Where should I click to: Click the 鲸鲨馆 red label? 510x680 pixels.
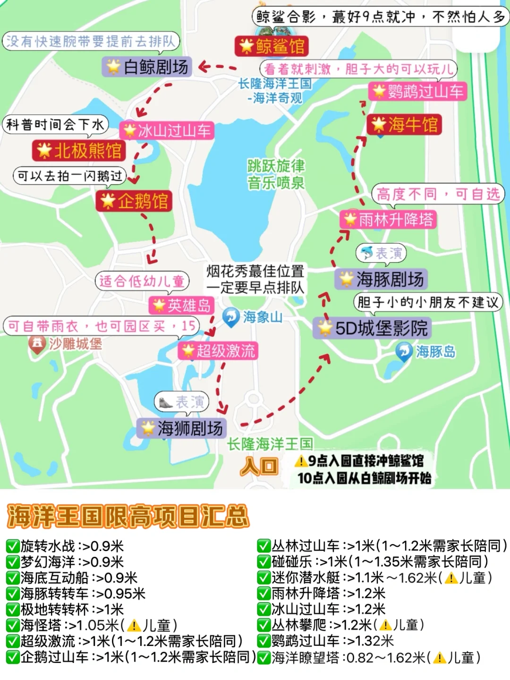tap(272, 46)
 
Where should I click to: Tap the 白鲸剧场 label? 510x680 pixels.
tap(147, 67)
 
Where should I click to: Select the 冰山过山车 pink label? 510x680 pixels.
tap(167, 130)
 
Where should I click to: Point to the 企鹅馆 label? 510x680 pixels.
tap(134, 201)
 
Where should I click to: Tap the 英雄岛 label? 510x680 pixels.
tap(181, 306)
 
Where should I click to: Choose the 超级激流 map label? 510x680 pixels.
tap(218, 351)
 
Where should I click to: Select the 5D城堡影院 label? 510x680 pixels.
tap(373, 328)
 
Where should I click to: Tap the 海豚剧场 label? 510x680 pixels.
tap(382, 279)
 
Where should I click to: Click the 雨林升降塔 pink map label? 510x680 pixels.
tap(388, 220)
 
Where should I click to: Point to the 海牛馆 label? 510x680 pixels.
tap(404, 125)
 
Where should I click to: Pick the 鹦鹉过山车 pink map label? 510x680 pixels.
tap(417, 91)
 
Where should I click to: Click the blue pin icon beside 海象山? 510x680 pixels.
tap(231, 317)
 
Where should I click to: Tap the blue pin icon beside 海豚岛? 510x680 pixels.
tap(404, 351)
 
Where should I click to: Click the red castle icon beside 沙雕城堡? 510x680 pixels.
tap(37, 343)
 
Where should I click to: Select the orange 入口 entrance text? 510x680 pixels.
tap(259, 467)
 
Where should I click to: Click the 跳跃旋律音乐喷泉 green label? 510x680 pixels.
tap(276, 174)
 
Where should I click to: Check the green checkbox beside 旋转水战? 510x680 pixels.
tap(12, 546)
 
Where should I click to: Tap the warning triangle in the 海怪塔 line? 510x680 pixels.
tap(134, 626)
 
